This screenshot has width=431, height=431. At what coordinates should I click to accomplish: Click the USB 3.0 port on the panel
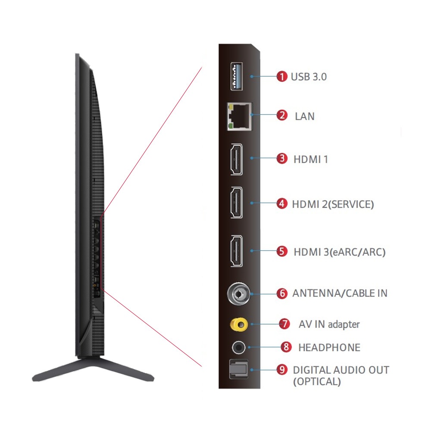click(236, 76)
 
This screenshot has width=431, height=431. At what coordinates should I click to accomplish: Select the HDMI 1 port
click(236, 159)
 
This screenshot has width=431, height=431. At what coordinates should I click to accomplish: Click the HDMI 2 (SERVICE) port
click(236, 203)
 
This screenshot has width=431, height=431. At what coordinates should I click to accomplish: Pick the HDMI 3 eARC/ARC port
click(236, 251)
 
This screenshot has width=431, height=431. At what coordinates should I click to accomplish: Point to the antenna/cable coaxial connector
click(238, 294)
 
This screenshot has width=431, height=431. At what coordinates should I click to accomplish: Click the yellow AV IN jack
click(238, 324)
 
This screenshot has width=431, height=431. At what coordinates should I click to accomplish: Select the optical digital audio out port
click(237, 370)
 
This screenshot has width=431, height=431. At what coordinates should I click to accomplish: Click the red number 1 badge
click(282, 77)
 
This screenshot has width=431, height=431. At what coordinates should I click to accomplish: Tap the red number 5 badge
click(282, 251)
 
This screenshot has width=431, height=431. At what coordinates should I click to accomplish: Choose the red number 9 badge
click(282, 370)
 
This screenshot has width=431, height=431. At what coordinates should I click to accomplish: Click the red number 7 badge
click(284, 324)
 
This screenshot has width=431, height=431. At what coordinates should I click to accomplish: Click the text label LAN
click(305, 116)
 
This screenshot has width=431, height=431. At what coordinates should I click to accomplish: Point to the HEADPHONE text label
click(329, 347)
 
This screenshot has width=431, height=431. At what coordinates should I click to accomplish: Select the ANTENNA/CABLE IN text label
click(340, 294)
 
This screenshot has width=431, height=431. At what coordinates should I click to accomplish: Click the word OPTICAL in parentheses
click(317, 382)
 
